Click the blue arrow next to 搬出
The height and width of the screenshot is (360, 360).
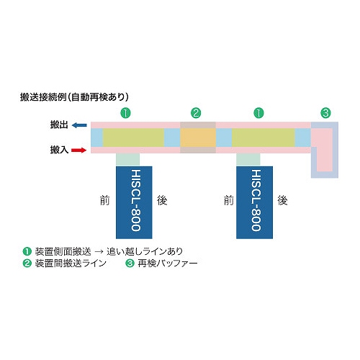(x=79, y=125)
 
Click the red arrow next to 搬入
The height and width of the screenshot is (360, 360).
(x=79, y=150)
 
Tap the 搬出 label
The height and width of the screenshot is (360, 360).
(x=59, y=125)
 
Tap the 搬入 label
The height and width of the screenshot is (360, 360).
(x=59, y=150)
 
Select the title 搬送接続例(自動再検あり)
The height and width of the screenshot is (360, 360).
(x=74, y=97)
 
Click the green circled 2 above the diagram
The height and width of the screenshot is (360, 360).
(x=196, y=113)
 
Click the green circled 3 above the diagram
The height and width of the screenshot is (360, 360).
(x=325, y=113)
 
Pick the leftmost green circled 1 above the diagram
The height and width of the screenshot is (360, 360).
(x=125, y=113)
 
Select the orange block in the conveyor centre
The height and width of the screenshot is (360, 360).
(x=198, y=138)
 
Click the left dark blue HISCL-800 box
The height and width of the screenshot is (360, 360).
(x=134, y=202)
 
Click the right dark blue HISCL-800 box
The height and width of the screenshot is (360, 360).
(x=254, y=202)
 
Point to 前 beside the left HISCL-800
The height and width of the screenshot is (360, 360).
(x=104, y=200)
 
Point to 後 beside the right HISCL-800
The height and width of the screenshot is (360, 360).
(x=282, y=200)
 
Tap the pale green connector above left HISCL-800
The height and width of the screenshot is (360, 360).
(x=127, y=160)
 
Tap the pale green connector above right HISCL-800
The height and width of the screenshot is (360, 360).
(x=248, y=160)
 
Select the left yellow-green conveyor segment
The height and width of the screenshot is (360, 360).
(x=133, y=138)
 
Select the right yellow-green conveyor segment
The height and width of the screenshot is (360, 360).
(x=264, y=138)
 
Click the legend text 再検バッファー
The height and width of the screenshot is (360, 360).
(x=168, y=264)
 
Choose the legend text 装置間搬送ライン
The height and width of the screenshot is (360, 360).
(x=71, y=264)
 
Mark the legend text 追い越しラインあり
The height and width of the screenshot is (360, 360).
(x=145, y=251)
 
